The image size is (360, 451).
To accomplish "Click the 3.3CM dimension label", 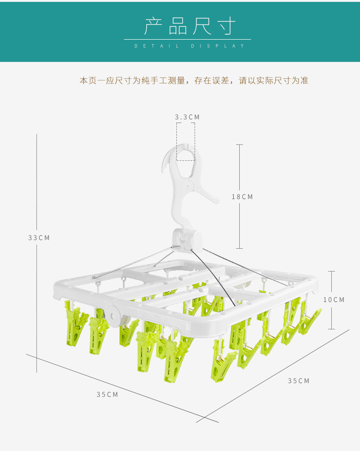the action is click(x=187, y=117).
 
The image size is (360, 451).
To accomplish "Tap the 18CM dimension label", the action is click(x=242, y=197).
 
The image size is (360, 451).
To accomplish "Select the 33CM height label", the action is click(x=39, y=238).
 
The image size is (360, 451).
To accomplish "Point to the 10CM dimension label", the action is click(x=334, y=300).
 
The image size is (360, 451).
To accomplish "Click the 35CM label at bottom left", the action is click(x=107, y=395).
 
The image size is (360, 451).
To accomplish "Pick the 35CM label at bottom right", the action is click(x=298, y=381).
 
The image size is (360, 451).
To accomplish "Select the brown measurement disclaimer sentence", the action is click(x=194, y=81).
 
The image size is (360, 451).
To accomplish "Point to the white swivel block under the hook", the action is click(x=187, y=240).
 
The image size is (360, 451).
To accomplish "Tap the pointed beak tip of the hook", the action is click(x=163, y=171).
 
